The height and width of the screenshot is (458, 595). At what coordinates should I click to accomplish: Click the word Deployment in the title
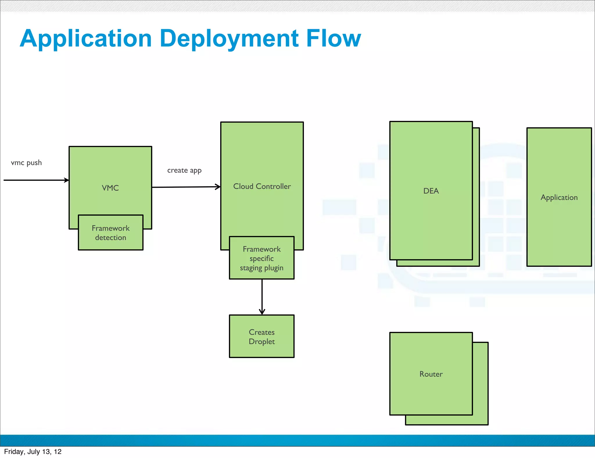point(229,39)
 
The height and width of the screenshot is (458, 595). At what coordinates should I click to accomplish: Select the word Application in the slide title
point(86,39)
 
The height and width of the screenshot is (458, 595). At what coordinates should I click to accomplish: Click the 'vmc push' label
point(26,163)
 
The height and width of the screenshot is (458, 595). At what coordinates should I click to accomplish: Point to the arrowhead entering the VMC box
point(67,180)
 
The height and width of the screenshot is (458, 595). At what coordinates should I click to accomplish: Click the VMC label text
point(110,188)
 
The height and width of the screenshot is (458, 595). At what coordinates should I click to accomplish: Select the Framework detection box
point(111,232)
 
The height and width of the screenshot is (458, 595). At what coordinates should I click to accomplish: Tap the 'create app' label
point(184,170)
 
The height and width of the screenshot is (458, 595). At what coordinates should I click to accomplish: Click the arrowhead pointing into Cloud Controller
point(218,187)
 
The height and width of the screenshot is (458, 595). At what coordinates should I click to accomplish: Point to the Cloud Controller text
point(262,186)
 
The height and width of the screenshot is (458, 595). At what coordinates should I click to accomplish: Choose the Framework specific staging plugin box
point(261,258)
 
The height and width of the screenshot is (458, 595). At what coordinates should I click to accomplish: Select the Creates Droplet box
point(261,336)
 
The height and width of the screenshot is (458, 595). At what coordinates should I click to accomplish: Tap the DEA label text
point(431,191)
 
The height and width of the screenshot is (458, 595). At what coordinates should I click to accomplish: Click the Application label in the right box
point(559,197)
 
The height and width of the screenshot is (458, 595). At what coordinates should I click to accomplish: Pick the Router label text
point(431,374)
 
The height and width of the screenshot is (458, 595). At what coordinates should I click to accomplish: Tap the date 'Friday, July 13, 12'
point(33,452)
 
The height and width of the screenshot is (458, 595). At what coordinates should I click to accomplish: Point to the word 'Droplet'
point(261,341)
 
